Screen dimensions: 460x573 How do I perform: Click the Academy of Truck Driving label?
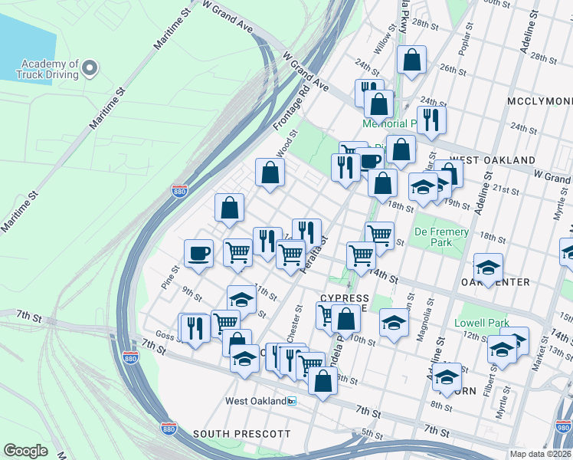tap(50, 69)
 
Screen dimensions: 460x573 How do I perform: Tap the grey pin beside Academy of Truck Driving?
tap(90, 68)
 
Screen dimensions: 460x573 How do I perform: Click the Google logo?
tap(25, 451)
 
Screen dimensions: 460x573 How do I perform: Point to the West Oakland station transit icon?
tap(291, 401)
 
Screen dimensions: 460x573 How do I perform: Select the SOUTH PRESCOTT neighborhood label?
tap(241, 434)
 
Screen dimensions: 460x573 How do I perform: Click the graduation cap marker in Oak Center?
tap(488, 268)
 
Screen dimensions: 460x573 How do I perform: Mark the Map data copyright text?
tap(539, 453)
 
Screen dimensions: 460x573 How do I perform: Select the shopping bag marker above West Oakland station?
tap(323, 379)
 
